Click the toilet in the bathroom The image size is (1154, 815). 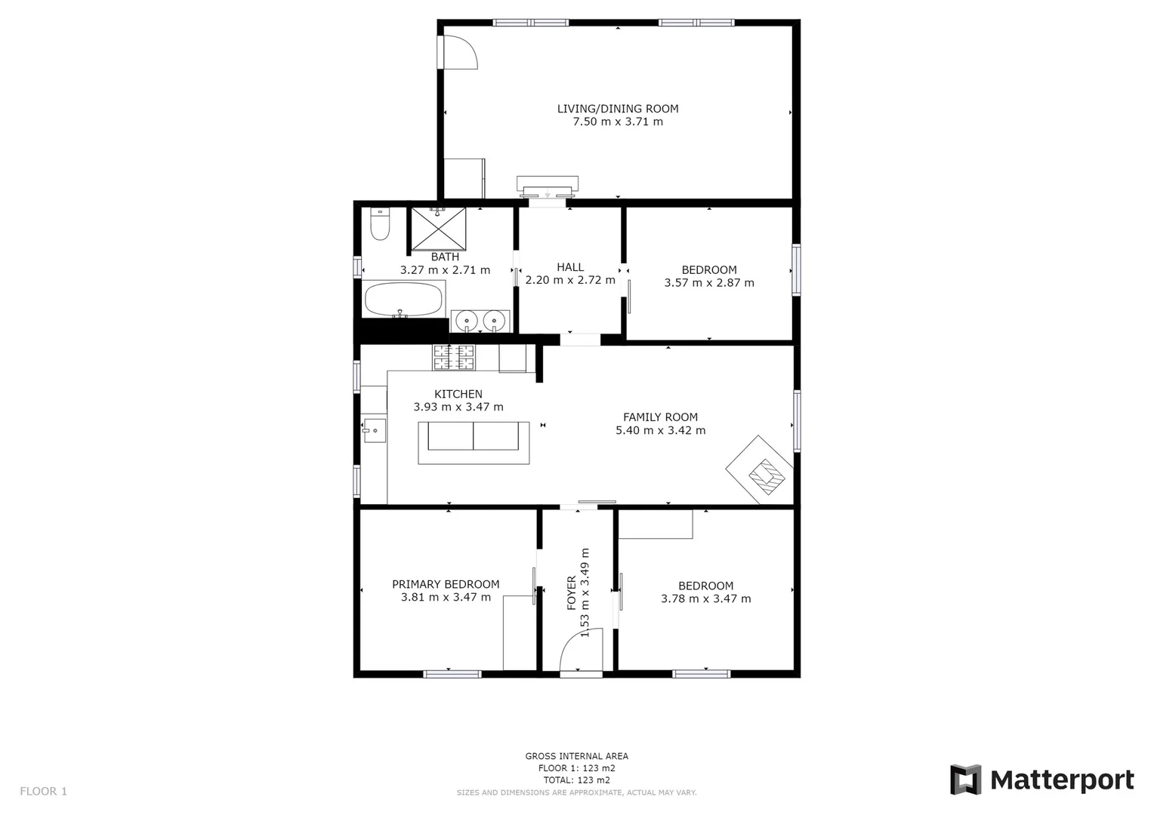(x=380, y=224)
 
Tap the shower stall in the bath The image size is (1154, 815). (x=438, y=229)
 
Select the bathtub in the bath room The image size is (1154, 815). (x=404, y=300)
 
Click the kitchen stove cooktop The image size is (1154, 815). (x=454, y=357)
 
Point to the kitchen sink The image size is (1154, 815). (x=375, y=430)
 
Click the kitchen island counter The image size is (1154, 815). (x=474, y=443)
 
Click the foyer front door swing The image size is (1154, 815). (x=582, y=650)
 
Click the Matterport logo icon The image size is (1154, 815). (x=965, y=780)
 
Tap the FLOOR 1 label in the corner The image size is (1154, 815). (x=43, y=792)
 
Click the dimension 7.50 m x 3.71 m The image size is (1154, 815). (x=618, y=121)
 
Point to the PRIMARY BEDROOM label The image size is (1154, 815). (x=446, y=584)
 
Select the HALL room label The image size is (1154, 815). (x=570, y=267)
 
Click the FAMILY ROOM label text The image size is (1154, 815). (x=660, y=417)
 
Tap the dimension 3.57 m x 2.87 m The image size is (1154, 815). (x=709, y=283)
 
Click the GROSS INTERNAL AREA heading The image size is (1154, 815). (x=577, y=756)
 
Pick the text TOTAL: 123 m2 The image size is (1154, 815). (x=577, y=780)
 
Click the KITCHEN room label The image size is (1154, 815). (x=458, y=394)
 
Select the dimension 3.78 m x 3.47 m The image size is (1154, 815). (x=706, y=599)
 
